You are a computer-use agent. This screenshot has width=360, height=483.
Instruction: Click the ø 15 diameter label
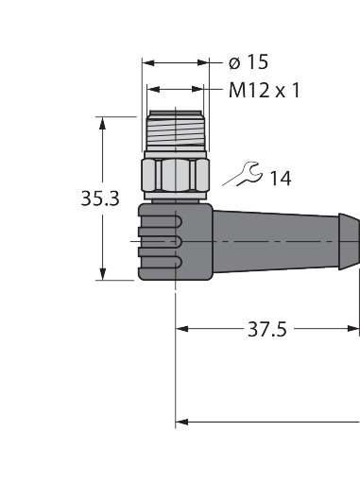(249, 61)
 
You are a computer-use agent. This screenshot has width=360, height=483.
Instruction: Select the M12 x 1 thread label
(265, 91)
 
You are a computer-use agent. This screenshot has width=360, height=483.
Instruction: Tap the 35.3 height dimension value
(100, 198)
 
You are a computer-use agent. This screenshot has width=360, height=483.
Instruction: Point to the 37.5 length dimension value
(267, 329)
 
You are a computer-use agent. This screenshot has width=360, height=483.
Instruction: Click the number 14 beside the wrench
(281, 179)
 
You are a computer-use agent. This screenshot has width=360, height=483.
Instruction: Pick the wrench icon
(243, 174)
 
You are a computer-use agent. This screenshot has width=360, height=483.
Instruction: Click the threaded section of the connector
(176, 130)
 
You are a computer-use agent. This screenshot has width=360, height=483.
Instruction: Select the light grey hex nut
(175, 175)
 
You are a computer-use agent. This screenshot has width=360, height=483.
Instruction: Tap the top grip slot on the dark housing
(161, 222)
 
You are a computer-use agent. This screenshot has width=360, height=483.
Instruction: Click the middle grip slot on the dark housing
(161, 242)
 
